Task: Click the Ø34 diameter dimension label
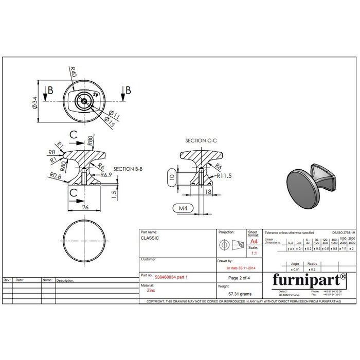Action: pos(34,102)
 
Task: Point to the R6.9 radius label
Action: pos(106,175)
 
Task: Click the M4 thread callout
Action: pos(182,208)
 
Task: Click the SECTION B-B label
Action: pos(128,169)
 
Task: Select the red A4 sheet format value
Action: pos(253,241)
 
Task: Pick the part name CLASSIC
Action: pos(150,239)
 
